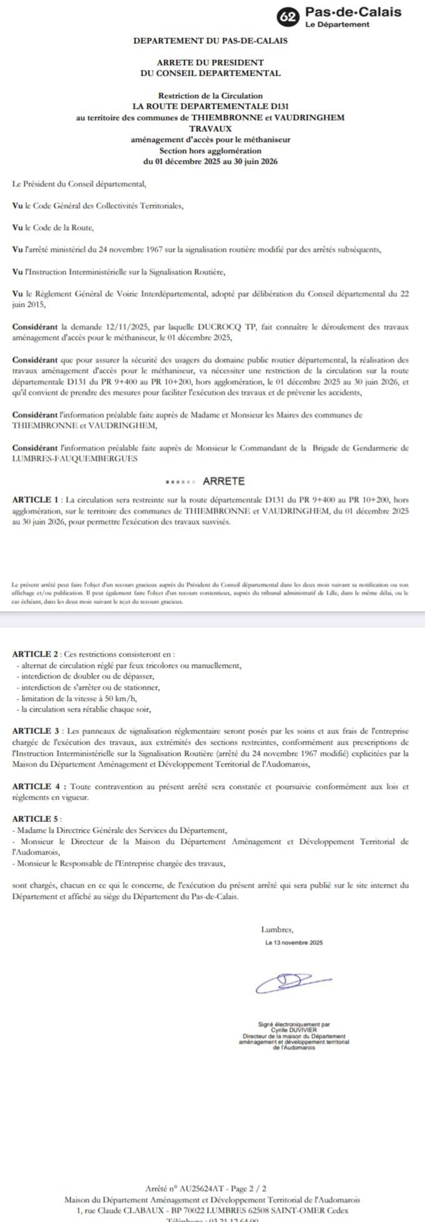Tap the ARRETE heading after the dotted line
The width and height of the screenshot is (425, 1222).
pos(224,481)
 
